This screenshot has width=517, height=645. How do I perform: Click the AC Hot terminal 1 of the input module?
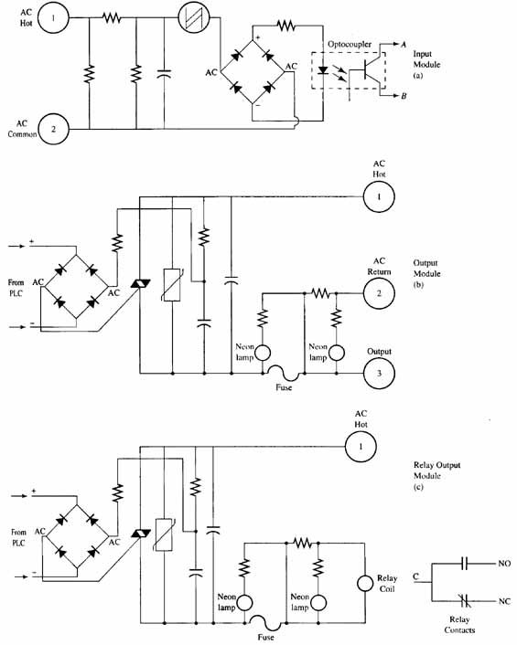[x=53, y=17]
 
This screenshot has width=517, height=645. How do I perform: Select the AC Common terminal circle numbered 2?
[x=53, y=129]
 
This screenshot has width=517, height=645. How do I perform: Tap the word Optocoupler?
[x=350, y=44]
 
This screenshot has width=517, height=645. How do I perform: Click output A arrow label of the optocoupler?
[x=404, y=45]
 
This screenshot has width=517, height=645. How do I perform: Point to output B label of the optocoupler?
[x=404, y=96]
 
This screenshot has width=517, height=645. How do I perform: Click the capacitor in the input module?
[x=164, y=74]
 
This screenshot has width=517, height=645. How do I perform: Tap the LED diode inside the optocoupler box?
[x=323, y=69]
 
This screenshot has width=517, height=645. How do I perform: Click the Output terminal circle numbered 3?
[x=379, y=373]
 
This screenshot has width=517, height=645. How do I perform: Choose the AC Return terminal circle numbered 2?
[x=379, y=293]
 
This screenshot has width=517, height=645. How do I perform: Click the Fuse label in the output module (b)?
[x=284, y=387]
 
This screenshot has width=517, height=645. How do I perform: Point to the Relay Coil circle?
[x=365, y=583]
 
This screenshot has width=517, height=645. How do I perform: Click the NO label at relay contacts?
[x=504, y=563]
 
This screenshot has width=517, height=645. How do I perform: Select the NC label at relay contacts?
[x=504, y=601]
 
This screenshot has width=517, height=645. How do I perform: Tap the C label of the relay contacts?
[x=416, y=576]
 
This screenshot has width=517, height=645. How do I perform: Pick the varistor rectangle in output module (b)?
[x=172, y=285]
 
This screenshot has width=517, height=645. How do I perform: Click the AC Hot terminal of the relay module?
[x=361, y=447]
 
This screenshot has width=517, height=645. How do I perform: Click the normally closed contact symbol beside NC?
[x=466, y=601]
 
